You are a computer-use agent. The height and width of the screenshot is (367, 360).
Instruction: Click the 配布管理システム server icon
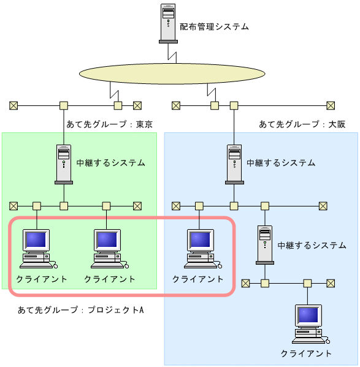[x=168, y=23]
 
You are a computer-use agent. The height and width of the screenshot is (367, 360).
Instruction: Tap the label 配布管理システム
[x=214, y=27]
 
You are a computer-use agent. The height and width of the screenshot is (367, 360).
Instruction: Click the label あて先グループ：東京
[x=109, y=124]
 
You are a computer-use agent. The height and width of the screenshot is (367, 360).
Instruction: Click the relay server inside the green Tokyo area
[x=64, y=164]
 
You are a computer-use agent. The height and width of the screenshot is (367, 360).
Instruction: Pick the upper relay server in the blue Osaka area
[x=234, y=164]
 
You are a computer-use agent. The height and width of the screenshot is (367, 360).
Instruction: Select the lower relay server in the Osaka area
[x=265, y=244]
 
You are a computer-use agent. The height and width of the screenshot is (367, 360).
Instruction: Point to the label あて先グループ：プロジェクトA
[x=81, y=309]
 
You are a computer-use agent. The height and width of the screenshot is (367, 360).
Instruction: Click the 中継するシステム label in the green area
[x=111, y=163]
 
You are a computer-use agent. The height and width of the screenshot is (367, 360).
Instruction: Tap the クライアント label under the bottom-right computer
[x=306, y=354]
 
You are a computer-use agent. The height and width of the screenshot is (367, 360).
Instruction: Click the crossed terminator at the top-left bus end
[x=13, y=105]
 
